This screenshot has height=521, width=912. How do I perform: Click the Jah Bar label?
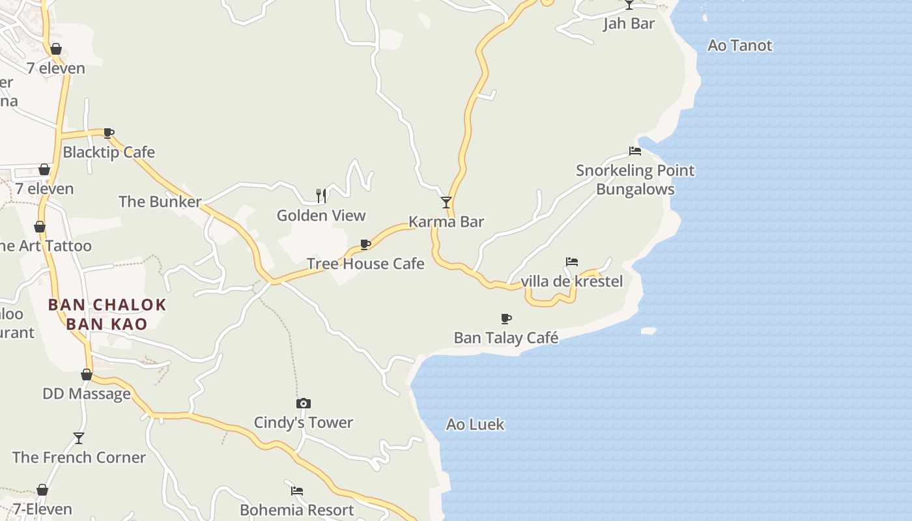coord(629,24)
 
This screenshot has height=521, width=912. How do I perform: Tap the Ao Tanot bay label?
coord(739,46)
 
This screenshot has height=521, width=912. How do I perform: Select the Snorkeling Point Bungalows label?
coord(635,180)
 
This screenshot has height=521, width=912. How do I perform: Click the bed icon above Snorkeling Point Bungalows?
coord(635,151)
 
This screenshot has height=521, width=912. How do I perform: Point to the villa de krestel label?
coord(572,281)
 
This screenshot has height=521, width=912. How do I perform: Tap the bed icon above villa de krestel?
coord(572,262)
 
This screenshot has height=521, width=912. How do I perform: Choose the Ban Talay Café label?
coord(506,337)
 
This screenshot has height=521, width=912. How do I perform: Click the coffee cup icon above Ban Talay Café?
coord(506,318)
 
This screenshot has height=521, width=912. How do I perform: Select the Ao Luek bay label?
coord(475,425)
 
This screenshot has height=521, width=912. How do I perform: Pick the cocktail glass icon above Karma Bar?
coord(446,203)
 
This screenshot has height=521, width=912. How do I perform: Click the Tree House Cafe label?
coord(365,264)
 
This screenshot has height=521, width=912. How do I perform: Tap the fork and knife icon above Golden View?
coord(321,195)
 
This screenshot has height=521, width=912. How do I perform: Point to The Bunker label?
coord(160,202)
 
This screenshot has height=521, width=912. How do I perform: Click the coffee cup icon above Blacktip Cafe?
coord(109,134)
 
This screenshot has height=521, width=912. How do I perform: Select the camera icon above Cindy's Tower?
coord(304,404)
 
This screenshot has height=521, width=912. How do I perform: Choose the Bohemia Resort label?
coord(297,510)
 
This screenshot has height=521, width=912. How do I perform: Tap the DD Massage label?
coord(87,394)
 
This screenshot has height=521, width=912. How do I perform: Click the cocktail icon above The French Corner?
coord(79,438)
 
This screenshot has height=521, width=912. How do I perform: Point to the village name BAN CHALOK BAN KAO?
coord(107,314)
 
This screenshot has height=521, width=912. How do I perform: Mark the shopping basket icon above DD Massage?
coord(87,374)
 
